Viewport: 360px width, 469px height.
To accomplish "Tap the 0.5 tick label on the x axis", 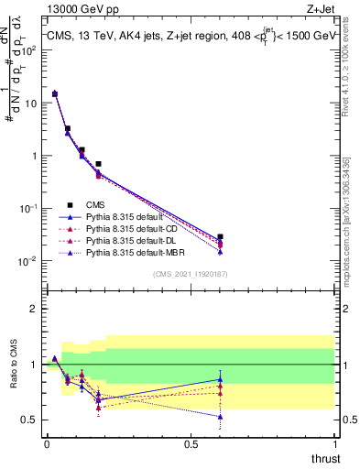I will click(x=191, y=443).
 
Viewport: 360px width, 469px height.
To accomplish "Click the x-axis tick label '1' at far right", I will click(x=334, y=443).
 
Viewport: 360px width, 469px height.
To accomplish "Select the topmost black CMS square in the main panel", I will click(x=55, y=93).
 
